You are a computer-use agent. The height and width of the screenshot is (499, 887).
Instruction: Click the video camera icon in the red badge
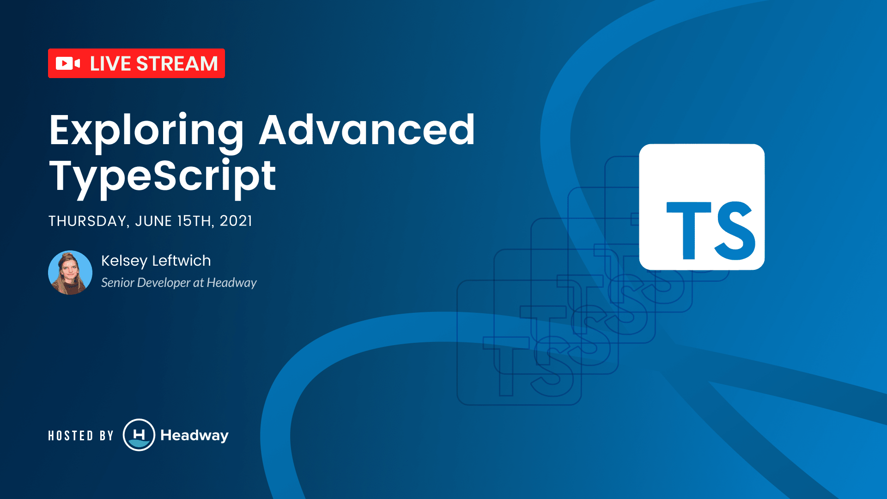pos(68,63)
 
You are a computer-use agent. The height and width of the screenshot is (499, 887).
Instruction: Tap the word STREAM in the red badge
pos(176,64)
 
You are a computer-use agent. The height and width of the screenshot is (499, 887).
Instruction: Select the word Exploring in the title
pos(146,131)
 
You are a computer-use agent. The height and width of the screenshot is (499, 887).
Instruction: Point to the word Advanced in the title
pos(367,130)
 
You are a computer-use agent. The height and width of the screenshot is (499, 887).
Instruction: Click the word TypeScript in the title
pos(163,176)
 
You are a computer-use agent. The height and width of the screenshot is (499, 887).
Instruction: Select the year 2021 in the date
pos(236,221)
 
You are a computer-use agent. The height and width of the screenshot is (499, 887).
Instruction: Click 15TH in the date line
pos(194,221)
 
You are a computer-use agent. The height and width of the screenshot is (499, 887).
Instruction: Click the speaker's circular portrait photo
pos(70,273)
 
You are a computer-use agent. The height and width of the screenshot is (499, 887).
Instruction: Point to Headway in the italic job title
pos(231,283)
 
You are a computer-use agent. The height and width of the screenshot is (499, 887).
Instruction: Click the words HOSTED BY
pos(81,436)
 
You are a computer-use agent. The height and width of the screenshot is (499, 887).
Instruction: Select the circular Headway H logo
pos(139,435)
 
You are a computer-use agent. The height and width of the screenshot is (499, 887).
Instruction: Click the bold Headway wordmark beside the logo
pos(194,435)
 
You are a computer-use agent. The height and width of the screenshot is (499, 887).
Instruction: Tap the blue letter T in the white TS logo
pos(688,230)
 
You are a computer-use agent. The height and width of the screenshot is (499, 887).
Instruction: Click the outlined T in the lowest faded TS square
pos(506,365)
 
